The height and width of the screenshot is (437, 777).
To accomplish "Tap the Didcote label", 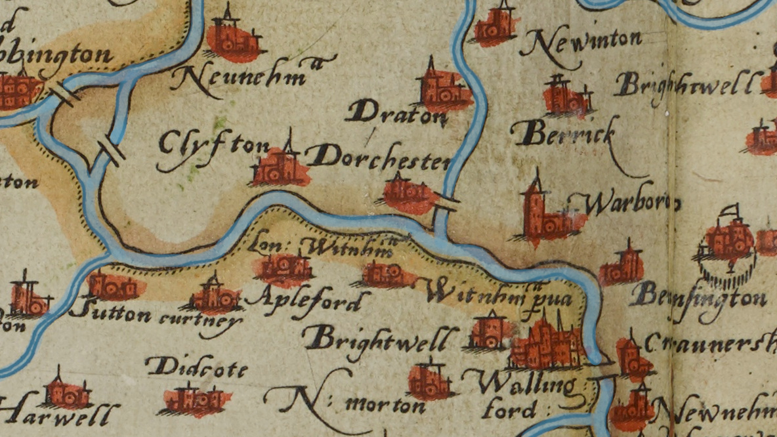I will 196,367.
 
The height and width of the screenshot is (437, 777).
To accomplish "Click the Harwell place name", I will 62,415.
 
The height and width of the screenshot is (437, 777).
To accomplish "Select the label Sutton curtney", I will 154,317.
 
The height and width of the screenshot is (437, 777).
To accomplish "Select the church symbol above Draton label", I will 442,89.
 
